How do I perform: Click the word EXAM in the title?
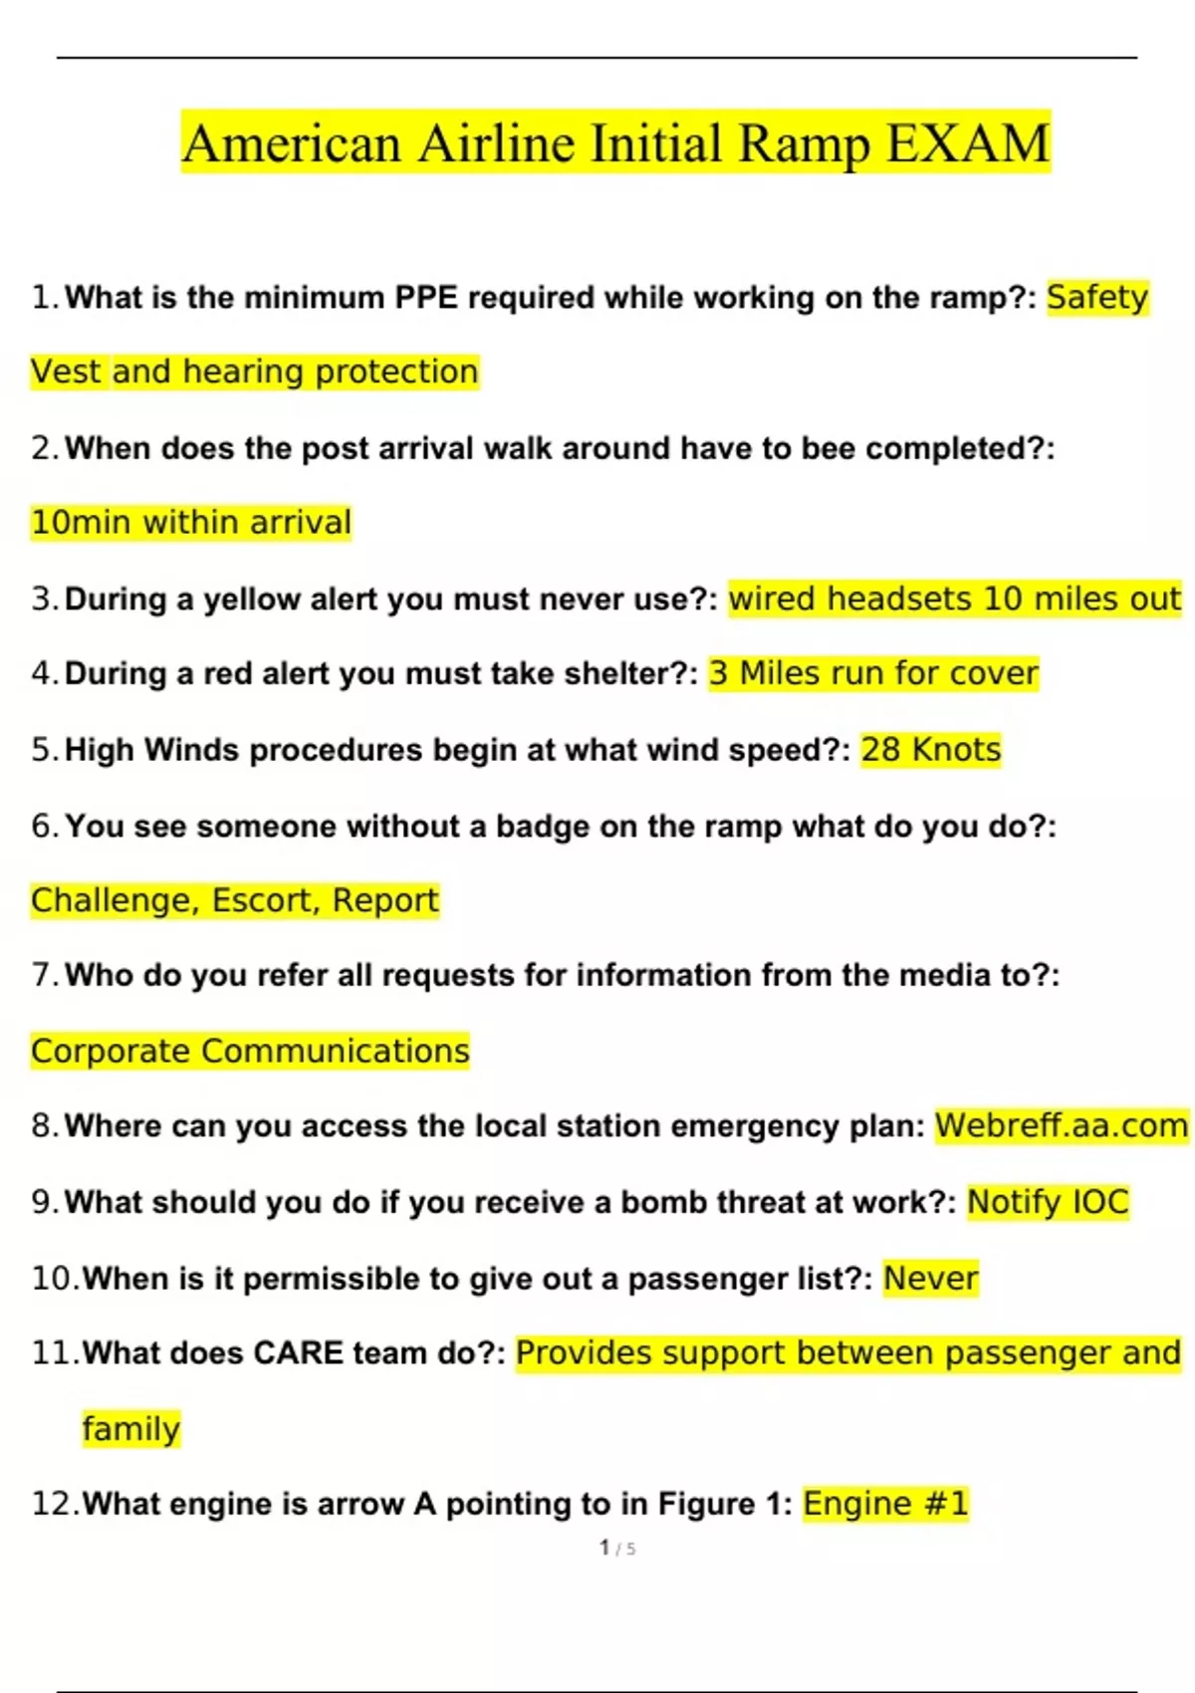click(x=967, y=143)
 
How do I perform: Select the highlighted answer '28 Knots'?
click(x=930, y=750)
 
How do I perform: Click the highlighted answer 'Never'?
click(x=930, y=1278)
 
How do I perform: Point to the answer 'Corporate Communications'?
click(x=250, y=1051)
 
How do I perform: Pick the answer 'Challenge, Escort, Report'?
click(x=234, y=900)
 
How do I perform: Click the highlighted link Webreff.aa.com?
click(x=1061, y=1125)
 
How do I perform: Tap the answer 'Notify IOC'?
click(x=1048, y=1202)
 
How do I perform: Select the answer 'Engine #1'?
click(x=885, y=1504)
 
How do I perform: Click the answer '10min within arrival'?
click(x=191, y=522)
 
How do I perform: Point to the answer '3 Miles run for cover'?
click(x=873, y=673)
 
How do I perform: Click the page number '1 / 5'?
click(x=617, y=1548)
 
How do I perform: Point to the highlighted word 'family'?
click(x=130, y=1429)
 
